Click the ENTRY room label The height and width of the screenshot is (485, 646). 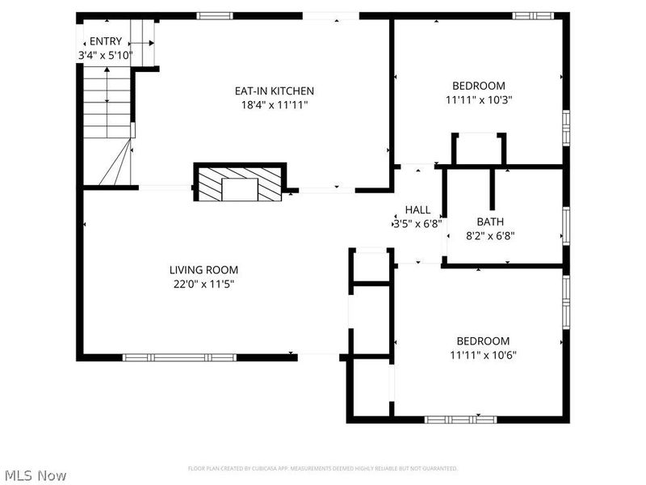point(105,41)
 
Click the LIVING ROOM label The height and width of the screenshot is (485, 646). point(203,270)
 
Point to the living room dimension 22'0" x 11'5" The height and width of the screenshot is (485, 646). point(203,284)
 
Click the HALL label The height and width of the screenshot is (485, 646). point(417,210)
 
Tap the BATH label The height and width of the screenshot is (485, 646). point(490,221)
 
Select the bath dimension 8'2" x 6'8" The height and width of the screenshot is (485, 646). point(490,236)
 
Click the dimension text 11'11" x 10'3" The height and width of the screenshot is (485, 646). point(478,100)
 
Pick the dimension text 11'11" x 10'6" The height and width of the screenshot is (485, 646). point(483,355)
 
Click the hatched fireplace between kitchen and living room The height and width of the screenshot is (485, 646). point(240,183)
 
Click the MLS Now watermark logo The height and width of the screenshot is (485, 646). point(35,476)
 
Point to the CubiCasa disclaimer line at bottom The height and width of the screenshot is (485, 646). point(323,468)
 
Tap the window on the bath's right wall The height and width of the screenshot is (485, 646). point(566,226)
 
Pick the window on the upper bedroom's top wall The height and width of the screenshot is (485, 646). point(534,15)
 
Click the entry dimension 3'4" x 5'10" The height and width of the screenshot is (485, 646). point(105,56)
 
